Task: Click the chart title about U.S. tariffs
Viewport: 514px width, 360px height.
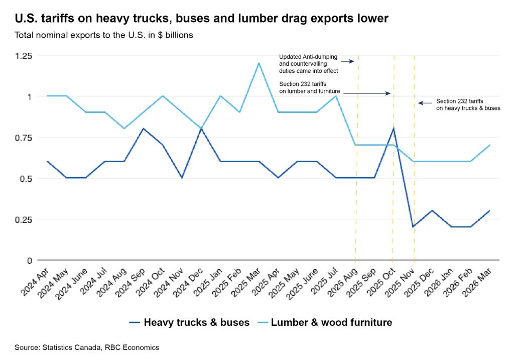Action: pyautogui.click(x=202, y=19)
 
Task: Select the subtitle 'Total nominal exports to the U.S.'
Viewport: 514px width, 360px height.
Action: pyautogui.click(x=80, y=35)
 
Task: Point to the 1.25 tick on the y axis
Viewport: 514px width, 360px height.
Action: pyautogui.click(x=24, y=56)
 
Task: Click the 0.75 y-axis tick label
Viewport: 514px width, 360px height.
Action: pyautogui.click(x=24, y=138)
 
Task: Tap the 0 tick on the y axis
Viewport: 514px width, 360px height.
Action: pyautogui.click(x=30, y=261)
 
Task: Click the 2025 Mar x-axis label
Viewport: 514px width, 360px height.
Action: pyautogui.click(x=246, y=282)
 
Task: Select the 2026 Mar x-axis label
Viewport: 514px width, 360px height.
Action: pyautogui.click(x=477, y=282)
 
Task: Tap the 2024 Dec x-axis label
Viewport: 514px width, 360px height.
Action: pyautogui.click(x=189, y=283)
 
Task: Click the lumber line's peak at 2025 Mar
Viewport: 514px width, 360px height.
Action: pyautogui.click(x=259, y=63)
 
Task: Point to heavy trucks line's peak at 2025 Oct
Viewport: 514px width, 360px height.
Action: pyautogui.click(x=394, y=128)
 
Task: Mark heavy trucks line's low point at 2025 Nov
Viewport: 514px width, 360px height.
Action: pyautogui.click(x=414, y=226)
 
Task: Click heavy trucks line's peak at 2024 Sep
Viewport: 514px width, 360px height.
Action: pyautogui.click(x=143, y=129)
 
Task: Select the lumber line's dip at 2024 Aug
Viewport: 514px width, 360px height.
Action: pyautogui.click(x=124, y=128)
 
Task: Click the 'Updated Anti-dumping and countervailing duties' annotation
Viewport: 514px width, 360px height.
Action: pyautogui.click(x=309, y=64)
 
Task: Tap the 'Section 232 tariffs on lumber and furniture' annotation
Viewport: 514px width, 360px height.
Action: pyautogui.click(x=309, y=87)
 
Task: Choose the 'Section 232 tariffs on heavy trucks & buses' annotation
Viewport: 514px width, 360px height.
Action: pyautogui.click(x=468, y=104)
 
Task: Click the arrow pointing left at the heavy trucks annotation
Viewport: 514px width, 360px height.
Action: pyautogui.click(x=425, y=103)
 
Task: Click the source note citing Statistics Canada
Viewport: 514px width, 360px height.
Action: pyautogui.click(x=87, y=347)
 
